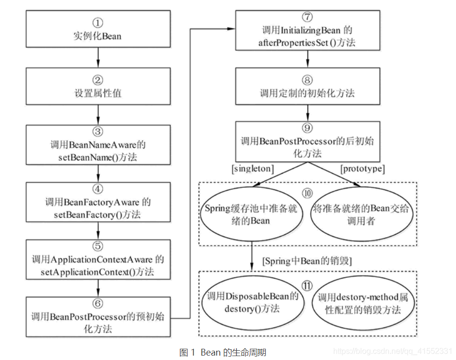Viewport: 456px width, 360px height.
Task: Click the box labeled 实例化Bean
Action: pyautogui.click(x=98, y=30)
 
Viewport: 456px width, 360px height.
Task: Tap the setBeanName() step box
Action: pyautogui.click(x=98, y=145)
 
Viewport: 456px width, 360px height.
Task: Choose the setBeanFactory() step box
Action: pyautogui.click(x=98, y=202)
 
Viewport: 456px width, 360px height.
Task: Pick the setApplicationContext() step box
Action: pyautogui.click(x=98, y=259)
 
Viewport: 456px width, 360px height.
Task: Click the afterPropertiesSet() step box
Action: pyautogui.click(x=307, y=30)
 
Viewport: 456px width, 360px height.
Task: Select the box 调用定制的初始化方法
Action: pyautogui.click(x=307, y=87)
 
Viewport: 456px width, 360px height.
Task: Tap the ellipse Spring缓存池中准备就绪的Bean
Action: pyautogui.click(x=251, y=214)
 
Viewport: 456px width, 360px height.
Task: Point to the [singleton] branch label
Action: pyautogui.click(x=252, y=169)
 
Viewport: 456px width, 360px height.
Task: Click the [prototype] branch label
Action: pyautogui.click(x=363, y=169)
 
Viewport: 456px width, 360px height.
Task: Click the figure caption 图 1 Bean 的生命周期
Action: pyautogui.click(x=223, y=352)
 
